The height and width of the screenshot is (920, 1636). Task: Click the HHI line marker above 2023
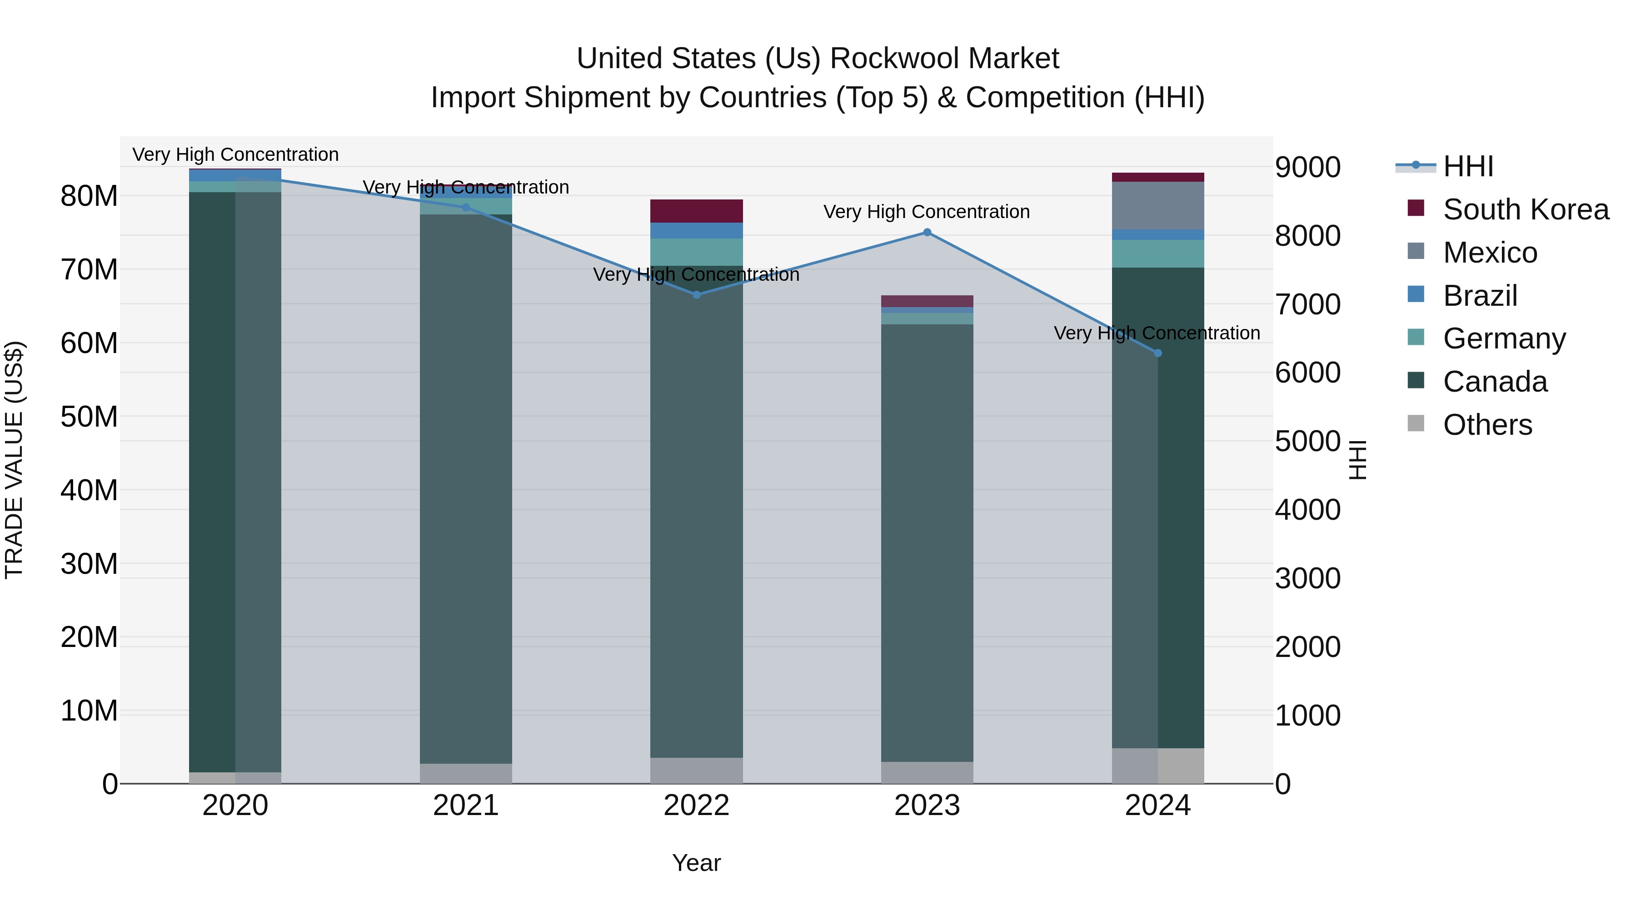click(x=927, y=232)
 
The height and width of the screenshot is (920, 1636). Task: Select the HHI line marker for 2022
click(x=696, y=294)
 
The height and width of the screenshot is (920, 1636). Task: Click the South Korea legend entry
click(x=1526, y=209)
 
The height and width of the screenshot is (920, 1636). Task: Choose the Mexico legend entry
click(x=1490, y=253)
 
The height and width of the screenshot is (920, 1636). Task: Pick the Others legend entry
click(x=1487, y=425)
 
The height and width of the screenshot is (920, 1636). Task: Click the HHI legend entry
click(x=1468, y=166)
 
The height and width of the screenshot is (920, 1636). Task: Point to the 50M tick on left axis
click(x=89, y=417)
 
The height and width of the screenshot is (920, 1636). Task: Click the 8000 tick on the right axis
click(x=1307, y=236)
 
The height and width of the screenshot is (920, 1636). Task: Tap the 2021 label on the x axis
click(x=465, y=806)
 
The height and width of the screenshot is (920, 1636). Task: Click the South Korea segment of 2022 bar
click(x=696, y=211)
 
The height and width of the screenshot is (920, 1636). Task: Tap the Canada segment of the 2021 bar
click(x=465, y=489)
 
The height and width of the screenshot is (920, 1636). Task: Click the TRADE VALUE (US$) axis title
click(x=14, y=460)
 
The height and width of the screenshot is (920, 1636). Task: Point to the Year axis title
click(x=696, y=863)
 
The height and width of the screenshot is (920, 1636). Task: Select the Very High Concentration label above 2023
click(x=926, y=212)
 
